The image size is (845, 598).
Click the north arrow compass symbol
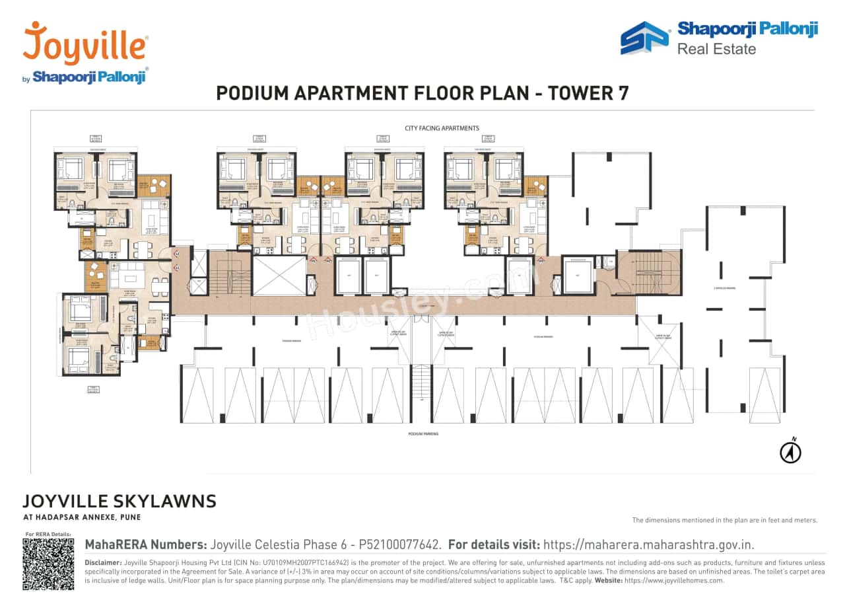point(790,452)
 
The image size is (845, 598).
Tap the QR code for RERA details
point(48,564)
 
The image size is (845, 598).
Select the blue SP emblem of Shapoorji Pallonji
point(644,38)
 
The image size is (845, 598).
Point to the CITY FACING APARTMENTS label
point(442,128)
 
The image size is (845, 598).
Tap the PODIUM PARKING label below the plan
point(423,434)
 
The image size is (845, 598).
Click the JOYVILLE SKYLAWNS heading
point(119,501)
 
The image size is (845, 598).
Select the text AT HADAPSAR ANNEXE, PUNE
point(82,517)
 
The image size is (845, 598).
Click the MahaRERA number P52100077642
point(399,545)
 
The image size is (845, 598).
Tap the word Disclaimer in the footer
point(103,561)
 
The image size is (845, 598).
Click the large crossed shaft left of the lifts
point(279,275)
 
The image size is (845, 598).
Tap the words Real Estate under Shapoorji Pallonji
point(716,49)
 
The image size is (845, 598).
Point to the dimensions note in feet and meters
point(724,520)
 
